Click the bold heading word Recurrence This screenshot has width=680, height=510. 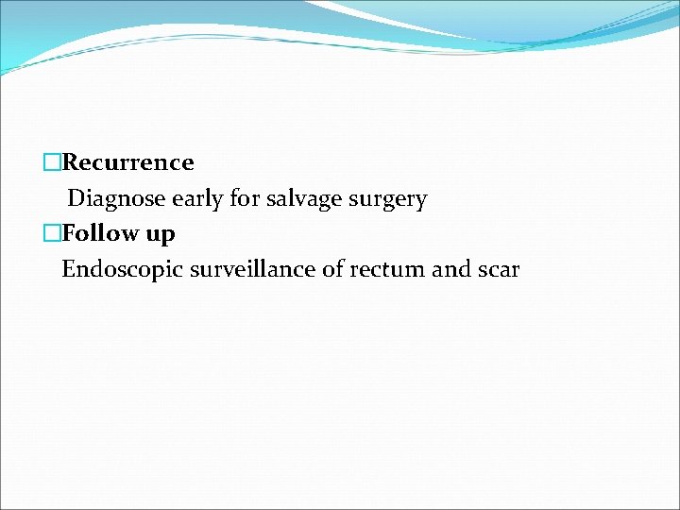pos(127,162)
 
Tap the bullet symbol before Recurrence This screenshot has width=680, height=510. pos(52,162)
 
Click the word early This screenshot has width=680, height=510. pos(190,199)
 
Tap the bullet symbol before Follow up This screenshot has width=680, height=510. pos(52,233)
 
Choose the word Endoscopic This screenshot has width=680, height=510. pos(122,270)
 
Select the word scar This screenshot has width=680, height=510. pos(499,270)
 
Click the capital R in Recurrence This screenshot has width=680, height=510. pos(70,162)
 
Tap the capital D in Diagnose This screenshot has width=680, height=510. pos(76,199)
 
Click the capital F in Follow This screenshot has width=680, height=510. pos(69,233)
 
